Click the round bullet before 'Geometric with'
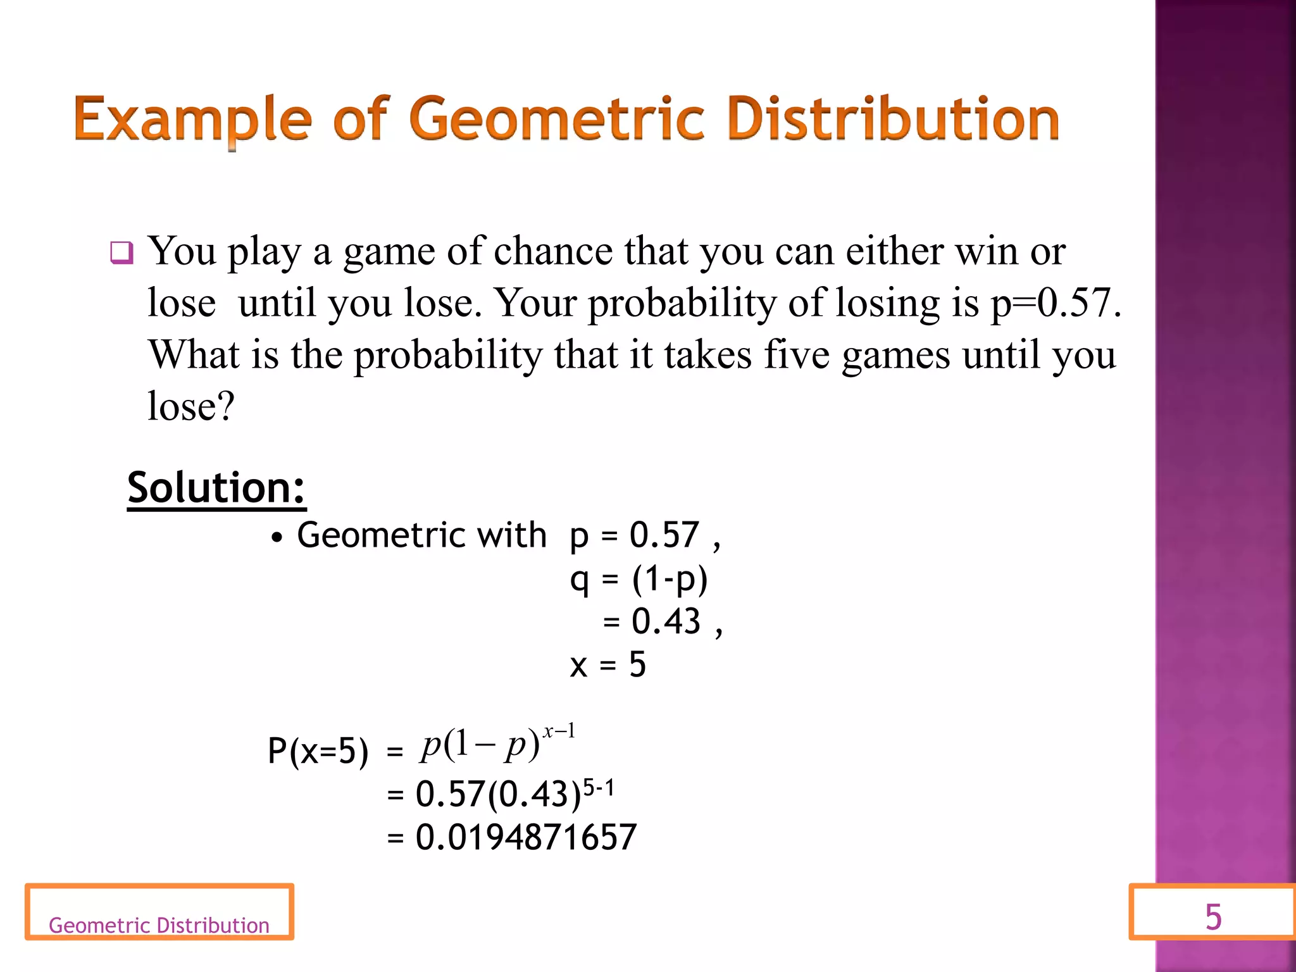pyautogui.click(x=276, y=539)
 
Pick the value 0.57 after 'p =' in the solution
pyautogui.click(x=664, y=535)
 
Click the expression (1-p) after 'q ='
pyautogui.click(x=670, y=579)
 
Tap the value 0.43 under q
pyautogui.click(x=666, y=621)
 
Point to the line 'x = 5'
pyautogui.click(x=607, y=665)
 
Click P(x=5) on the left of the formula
pyautogui.click(x=318, y=752)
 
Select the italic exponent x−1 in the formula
pyautogui.click(x=559, y=732)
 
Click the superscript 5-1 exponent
pyautogui.click(x=598, y=788)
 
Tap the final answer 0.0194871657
pyautogui.click(x=526, y=837)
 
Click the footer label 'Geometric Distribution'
pyautogui.click(x=159, y=925)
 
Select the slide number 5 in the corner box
pyautogui.click(x=1213, y=917)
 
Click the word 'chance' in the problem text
pyautogui.click(x=552, y=251)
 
